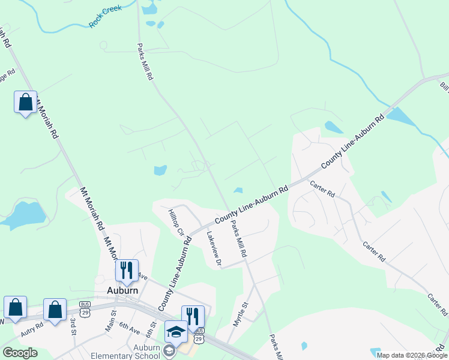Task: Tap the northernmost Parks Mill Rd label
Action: click(x=145, y=62)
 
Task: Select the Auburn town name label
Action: click(x=122, y=290)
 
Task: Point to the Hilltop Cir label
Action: click(x=175, y=223)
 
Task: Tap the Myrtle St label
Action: click(x=241, y=314)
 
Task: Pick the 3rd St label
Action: click(x=73, y=327)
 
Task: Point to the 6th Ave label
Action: click(x=128, y=328)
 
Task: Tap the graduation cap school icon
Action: click(x=176, y=331)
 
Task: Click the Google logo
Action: click(x=20, y=353)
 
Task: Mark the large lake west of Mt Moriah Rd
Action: click(x=24, y=214)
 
